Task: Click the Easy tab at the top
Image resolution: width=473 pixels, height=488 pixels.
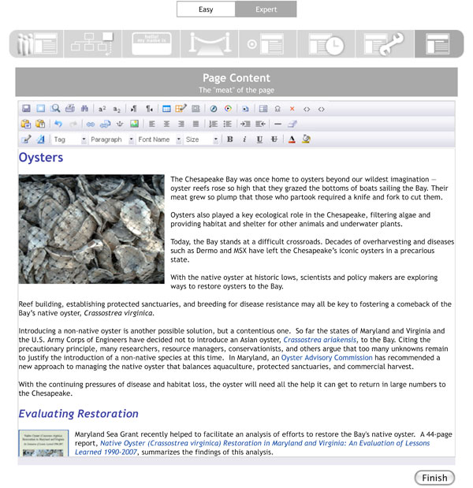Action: [x=207, y=9]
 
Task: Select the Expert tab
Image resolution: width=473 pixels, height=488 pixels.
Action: [x=266, y=9]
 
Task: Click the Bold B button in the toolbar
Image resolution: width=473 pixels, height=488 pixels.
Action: [x=230, y=140]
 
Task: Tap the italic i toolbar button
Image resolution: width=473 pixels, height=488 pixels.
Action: [x=244, y=140]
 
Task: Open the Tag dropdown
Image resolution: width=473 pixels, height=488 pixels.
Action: [x=69, y=140]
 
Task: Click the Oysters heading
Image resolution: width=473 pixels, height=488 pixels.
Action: [x=41, y=158]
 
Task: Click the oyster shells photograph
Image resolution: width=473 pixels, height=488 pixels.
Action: [x=91, y=229]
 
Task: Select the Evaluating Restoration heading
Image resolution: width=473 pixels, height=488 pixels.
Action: [x=79, y=414]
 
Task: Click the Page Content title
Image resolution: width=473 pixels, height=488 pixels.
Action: [x=236, y=78]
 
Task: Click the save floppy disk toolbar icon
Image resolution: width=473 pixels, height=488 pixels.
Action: [x=26, y=109]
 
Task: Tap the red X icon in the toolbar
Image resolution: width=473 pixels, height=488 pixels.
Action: [x=292, y=109]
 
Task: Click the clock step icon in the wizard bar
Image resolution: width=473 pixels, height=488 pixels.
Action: [x=325, y=44]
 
